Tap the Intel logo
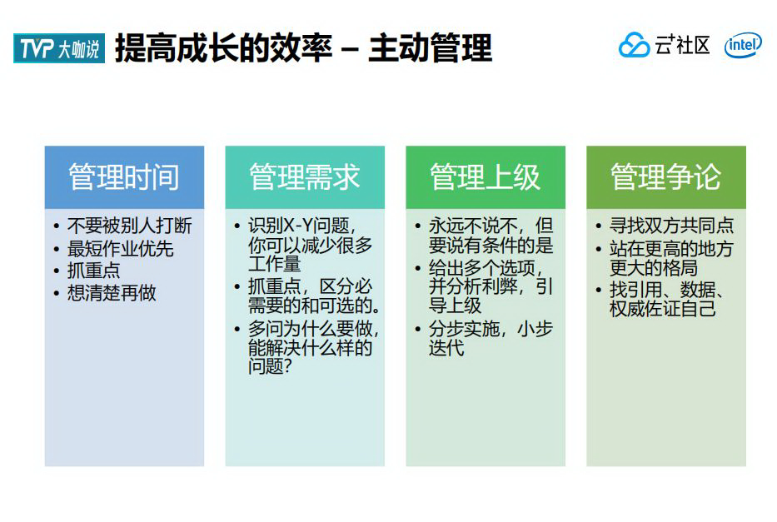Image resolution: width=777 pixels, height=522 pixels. (742, 46)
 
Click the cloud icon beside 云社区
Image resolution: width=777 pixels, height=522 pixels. (634, 46)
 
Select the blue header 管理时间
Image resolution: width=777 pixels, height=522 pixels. (124, 177)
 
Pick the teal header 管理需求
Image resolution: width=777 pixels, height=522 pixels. (305, 177)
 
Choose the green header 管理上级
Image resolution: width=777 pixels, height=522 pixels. (486, 177)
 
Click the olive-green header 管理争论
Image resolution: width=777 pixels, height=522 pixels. (665, 177)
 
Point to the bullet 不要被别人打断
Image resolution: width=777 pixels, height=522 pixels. (129, 226)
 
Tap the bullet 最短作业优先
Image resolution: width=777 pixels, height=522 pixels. (120, 249)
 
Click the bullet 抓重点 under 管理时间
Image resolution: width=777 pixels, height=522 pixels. (93, 271)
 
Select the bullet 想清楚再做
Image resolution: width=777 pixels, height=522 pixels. (112, 293)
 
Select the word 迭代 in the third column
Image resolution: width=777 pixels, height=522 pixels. (446, 347)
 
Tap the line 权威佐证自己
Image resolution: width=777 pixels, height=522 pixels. (662, 309)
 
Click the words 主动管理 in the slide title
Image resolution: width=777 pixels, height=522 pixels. (430, 48)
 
